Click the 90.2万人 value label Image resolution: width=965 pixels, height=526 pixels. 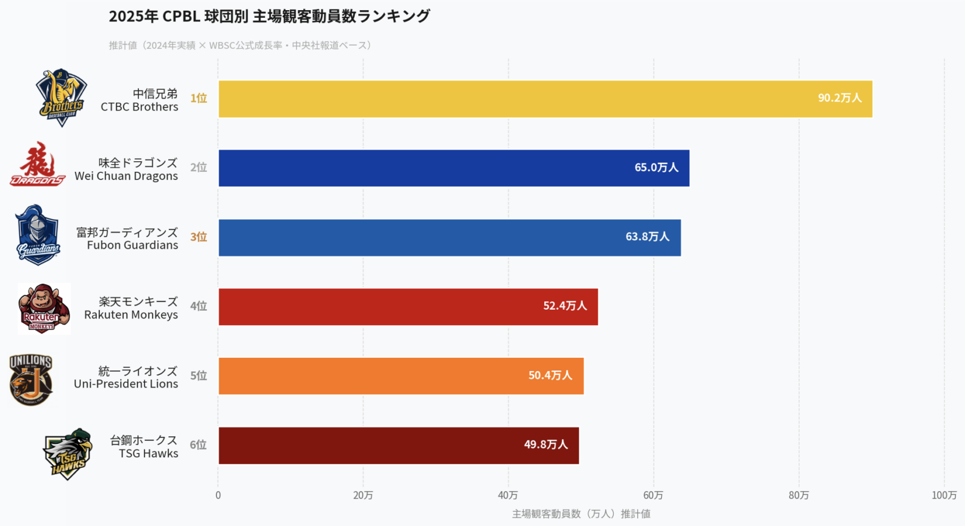tap(839, 98)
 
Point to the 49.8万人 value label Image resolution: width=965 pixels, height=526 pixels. tap(545, 445)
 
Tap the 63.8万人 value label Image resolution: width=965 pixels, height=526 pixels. tap(647, 237)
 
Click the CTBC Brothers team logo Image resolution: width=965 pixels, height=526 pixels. tap(61, 97)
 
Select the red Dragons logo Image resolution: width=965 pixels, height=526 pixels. tap(37, 165)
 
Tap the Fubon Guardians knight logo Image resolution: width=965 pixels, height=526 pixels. tap(37, 235)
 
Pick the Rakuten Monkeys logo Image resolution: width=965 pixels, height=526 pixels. tap(43, 308)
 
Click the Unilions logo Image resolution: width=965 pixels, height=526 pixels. tap(31, 379)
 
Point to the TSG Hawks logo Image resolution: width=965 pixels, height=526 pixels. tap(68, 453)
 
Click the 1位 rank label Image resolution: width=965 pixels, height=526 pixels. tap(198, 99)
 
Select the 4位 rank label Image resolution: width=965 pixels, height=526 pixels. tap(198, 306)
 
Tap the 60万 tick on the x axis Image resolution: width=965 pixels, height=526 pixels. tap(653, 496)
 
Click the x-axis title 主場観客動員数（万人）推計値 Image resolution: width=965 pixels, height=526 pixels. tap(581, 514)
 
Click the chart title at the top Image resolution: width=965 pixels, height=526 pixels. tap(269, 16)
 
